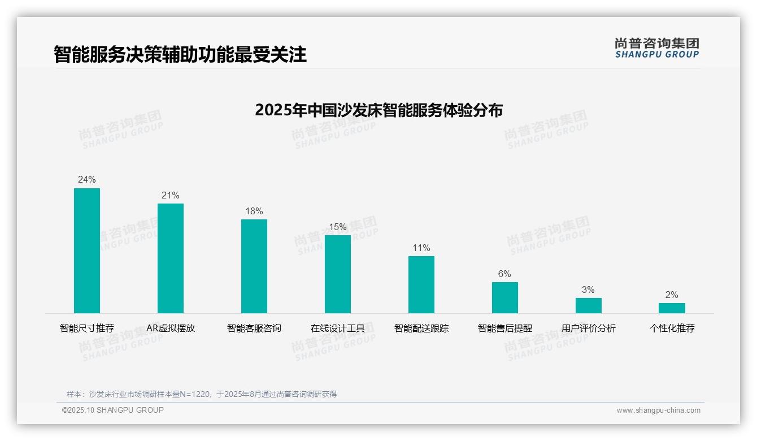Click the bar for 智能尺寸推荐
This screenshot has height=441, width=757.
tap(87, 250)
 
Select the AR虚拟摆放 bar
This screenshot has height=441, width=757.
tap(171, 258)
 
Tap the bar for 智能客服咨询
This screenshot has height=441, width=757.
tap(254, 266)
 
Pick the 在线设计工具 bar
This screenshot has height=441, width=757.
tap(338, 274)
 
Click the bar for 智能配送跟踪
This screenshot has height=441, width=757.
tap(421, 284)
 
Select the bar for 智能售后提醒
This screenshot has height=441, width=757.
tap(505, 297)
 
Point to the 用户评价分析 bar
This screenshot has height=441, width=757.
tap(589, 305)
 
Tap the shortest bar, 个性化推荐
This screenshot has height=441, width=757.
tap(672, 308)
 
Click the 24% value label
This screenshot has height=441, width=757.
tap(87, 180)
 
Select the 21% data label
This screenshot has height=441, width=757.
tap(171, 196)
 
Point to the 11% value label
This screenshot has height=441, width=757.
tap(421, 248)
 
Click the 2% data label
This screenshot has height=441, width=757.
tap(672, 295)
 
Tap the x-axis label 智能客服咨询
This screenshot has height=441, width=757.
tap(254, 328)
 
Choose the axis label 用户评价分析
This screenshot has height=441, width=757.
tap(589, 328)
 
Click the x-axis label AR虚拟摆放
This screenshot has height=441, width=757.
tap(171, 328)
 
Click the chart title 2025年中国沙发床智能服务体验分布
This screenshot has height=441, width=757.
tap(378, 110)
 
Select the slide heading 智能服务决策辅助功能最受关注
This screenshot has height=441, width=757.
tap(180, 55)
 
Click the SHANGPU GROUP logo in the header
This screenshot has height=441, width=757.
tap(657, 48)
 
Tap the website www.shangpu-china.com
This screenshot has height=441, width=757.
tap(658, 410)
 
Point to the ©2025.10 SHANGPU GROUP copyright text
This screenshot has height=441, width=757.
tap(113, 410)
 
